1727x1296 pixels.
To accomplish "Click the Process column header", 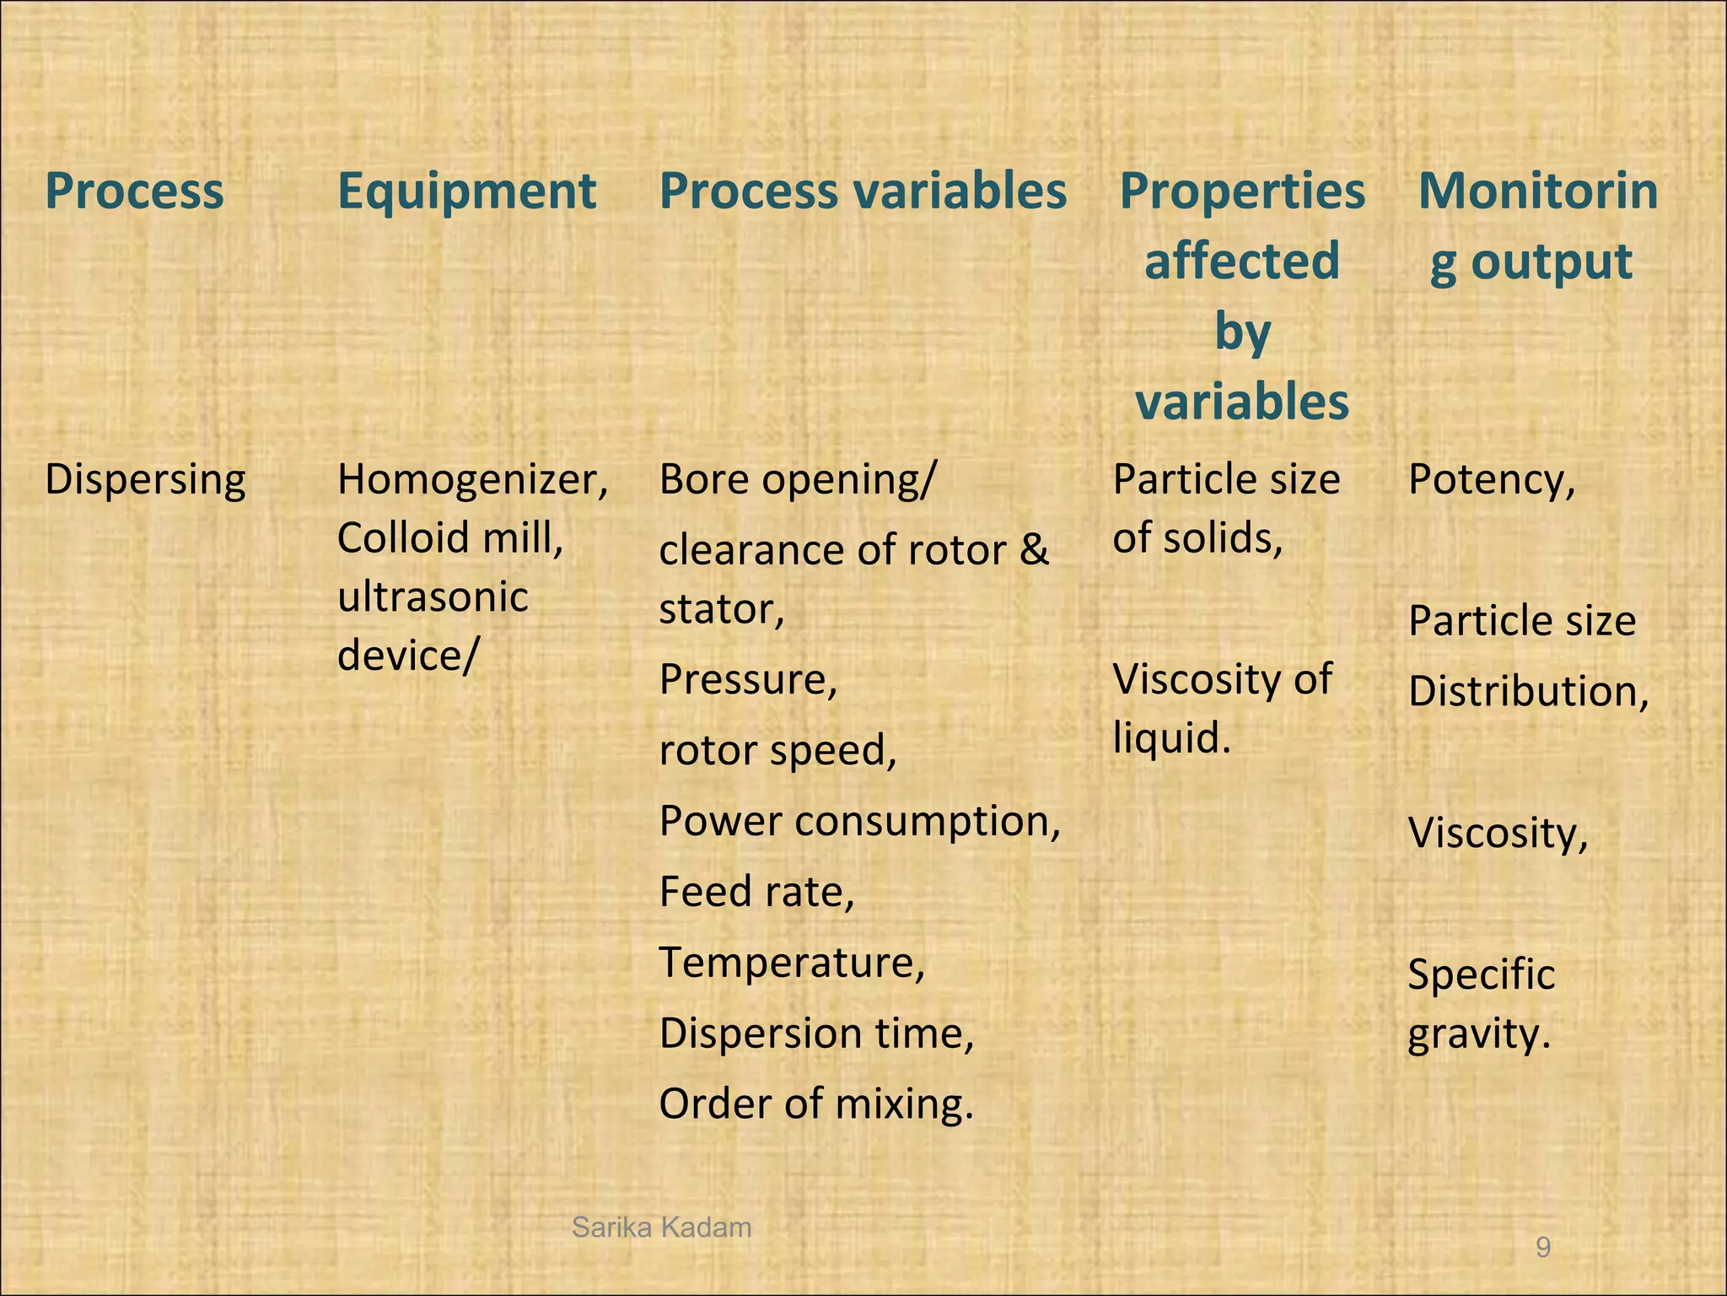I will (x=134, y=191).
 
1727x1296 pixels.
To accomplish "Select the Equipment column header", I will (x=466, y=191).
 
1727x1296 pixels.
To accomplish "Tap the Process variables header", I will (x=863, y=191).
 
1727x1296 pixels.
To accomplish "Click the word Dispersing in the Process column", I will (x=145, y=480).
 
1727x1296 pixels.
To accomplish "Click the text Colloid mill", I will (x=450, y=537).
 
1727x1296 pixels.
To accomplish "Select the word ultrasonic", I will (x=433, y=597).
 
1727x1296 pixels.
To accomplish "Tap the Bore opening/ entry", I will (x=797, y=480).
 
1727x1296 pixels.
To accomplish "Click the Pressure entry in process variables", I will (x=748, y=679).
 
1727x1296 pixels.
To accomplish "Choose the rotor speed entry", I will (x=777, y=750).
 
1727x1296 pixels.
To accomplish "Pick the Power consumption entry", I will (x=859, y=821).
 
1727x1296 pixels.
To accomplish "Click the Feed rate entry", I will (x=756, y=892).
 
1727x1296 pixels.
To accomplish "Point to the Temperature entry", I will (x=792, y=963).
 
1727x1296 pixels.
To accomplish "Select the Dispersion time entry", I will (x=816, y=1034).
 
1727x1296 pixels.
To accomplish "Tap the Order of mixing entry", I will (x=815, y=1104).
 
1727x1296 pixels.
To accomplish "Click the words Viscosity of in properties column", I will (x=1222, y=679).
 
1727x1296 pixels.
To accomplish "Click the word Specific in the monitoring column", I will (x=1481, y=975).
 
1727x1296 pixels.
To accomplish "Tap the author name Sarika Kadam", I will (x=661, y=1228).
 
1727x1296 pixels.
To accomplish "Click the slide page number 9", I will (x=1543, y=1247).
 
